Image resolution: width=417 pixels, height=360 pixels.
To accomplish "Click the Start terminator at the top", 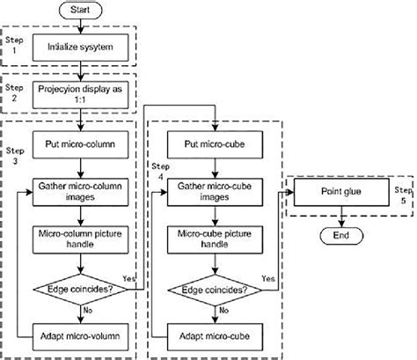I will (x=83, y=11).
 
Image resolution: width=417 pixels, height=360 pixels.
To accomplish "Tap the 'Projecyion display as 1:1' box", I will (x=83, y=95).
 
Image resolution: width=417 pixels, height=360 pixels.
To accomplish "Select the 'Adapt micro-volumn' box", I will (x=83, y=335).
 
